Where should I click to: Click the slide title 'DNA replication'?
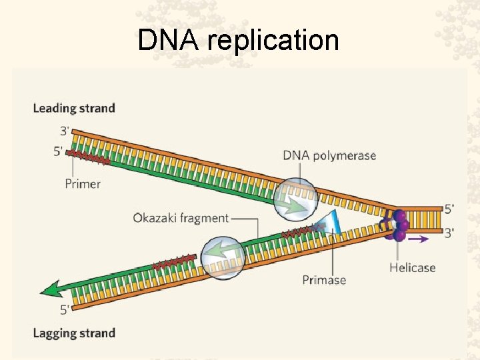238,41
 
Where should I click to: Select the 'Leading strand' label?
74,109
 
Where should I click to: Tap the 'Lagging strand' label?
74,333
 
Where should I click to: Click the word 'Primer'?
83,184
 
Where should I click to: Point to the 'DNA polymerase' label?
329,156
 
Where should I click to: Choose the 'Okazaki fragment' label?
181,218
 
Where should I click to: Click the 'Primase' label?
324,280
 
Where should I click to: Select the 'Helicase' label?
413,268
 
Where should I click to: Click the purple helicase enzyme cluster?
395,225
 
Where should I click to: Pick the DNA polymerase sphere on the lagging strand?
223,258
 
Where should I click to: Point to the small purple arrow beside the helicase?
419,239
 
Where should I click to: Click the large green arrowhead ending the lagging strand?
51,289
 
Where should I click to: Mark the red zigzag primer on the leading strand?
88,157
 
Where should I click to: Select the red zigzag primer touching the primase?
303,231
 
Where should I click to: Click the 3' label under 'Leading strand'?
65,131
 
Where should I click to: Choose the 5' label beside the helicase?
449,209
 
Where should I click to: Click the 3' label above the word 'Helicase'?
449,233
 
